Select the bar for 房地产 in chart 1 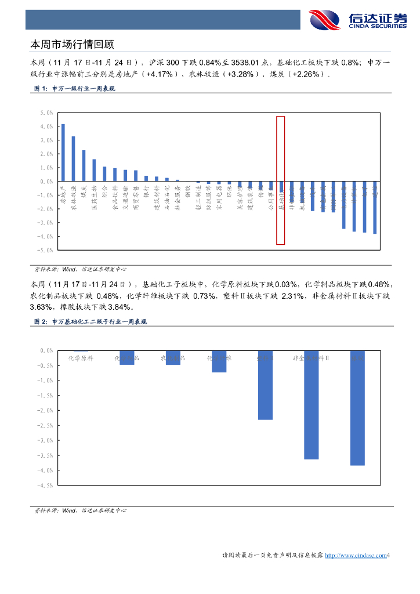tap(63, 153)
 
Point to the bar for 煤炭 tap(84, 166)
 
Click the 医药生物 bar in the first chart tap(94, 170)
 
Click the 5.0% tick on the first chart tap(46, 113)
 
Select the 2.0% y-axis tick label tap(46, 154)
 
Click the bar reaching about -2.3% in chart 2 tap(265, 385)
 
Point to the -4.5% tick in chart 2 tap(46, 486)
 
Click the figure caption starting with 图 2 tap(91, 322)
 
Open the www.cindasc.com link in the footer tap(355, 556)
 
